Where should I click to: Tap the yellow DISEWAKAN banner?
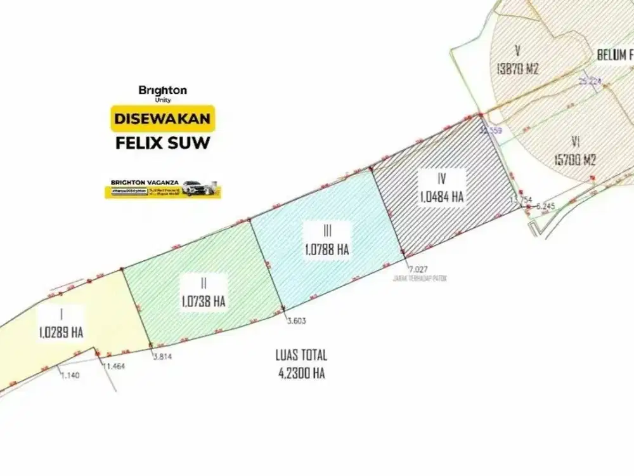click(x=163, y=119)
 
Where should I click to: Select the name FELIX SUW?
click(x=163, y=142)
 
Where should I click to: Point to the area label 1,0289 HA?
click(x=61, y=332)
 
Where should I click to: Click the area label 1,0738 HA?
click(x=203, y=300)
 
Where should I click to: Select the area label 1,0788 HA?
click(x=327, y=250)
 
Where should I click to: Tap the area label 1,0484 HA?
click(x=441, y=197)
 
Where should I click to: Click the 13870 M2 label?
click(x=517, y=70)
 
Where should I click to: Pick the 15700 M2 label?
click(x=575, y=161)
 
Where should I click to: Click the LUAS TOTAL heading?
click(x=301, y=356)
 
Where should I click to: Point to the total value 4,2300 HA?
click(x=301, y=374)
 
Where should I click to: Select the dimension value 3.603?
click(x=296, y=321)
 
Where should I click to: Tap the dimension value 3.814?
click(x=162, y=357)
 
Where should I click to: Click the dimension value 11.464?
click(x=115, y=367)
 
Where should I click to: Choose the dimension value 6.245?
click(x=545, y=206)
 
